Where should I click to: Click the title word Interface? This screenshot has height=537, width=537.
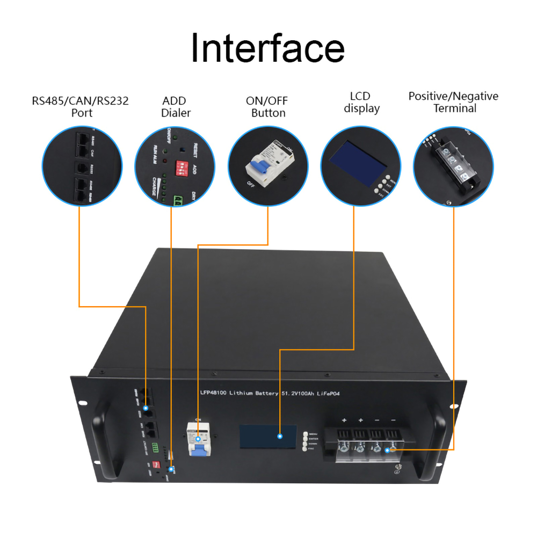point(267,48)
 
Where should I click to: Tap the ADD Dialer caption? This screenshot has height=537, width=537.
point(176,106)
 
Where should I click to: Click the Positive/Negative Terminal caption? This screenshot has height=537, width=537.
point(453,102)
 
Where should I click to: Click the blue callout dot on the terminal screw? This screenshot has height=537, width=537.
point(388,450)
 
